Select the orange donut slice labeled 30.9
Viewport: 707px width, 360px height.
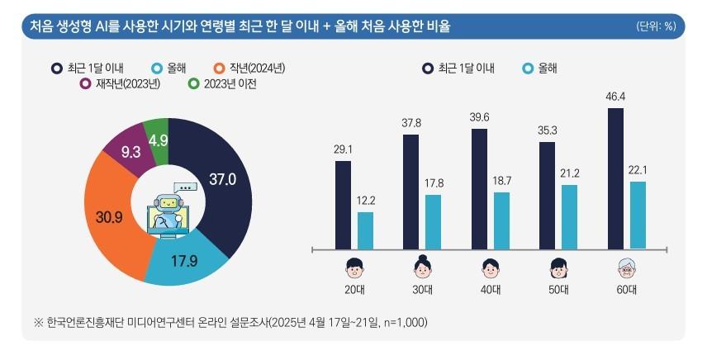coord(111,216)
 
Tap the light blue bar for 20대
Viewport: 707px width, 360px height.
coord(365,230)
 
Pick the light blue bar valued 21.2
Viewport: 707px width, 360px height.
coord(570,216)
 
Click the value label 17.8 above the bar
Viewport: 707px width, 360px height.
coord(433,184)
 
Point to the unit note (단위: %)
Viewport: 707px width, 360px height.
coord(656,26)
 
